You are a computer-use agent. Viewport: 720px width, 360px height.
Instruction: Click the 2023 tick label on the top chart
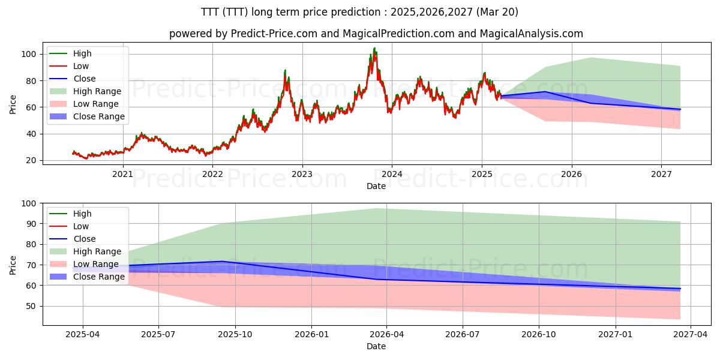302,174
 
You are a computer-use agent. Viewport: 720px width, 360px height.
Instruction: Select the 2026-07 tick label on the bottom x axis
463,335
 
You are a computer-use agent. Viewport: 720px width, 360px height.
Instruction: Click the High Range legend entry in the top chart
97,91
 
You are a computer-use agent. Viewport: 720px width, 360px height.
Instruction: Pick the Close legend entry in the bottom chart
84,239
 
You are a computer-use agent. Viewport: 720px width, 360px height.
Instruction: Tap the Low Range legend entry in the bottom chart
96,264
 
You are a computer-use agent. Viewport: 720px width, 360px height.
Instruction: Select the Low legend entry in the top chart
80,66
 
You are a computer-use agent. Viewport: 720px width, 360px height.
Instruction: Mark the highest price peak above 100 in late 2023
375,48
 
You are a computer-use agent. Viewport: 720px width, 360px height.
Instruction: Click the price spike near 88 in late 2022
285,70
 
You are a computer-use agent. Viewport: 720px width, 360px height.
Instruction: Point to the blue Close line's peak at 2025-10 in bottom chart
223,262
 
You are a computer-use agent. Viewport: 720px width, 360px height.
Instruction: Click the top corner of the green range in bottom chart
376,208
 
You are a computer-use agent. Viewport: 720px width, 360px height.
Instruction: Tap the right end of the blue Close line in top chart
680,109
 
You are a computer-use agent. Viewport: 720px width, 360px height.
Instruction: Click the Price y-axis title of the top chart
13,104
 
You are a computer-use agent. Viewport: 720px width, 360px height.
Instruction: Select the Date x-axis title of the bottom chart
376,346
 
